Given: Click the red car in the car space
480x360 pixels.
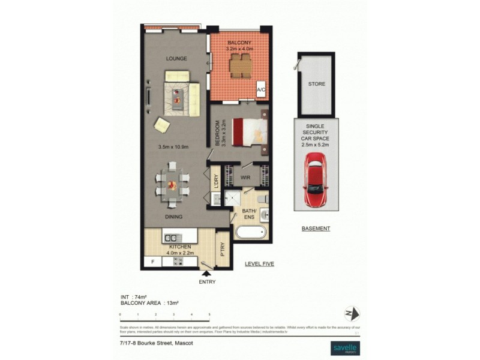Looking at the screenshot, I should click(317, 179).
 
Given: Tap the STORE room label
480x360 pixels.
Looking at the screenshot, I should click(317, 84).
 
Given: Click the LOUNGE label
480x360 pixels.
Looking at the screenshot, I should click(176, 59).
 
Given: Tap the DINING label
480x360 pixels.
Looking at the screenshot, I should click(173, 217).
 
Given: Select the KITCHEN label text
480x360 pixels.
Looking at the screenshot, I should click(180, 247).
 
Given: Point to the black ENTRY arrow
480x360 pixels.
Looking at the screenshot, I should click(207, 274).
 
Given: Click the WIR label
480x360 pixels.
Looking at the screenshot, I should click(245, 178).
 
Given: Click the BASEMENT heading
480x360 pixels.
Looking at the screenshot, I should click(316, 229).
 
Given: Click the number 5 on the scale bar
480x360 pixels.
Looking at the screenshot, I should click(209, 314).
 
